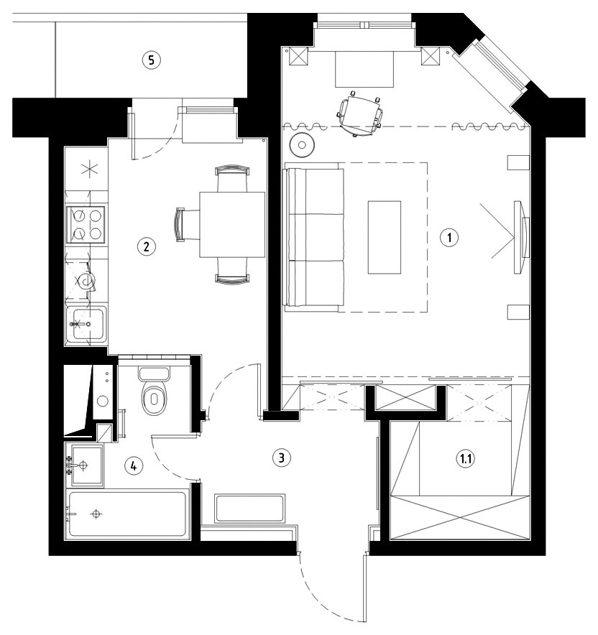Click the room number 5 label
[x=151, y=60]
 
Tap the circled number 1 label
[x=449, y=237]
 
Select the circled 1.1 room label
[x=465, y=459]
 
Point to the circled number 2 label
[x=146, y=246]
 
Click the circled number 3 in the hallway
[x=281, y=458]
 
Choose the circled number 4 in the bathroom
[x=133, y=466]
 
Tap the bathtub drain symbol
[x=96, y=514]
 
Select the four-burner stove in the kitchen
[x=87, y=224]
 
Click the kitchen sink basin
[x=86, y=323]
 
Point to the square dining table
[x=232, y=225]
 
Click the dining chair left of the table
[x=187, y=225]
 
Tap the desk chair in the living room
[x=360, y=113]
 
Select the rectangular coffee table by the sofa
[x=385, y=237]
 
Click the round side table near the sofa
[x=303, y=144]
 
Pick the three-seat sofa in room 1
[x=314, y=237]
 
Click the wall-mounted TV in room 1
[x=521, y=237]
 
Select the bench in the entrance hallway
[x=250, y=509]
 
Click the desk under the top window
[x=364, y=69]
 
